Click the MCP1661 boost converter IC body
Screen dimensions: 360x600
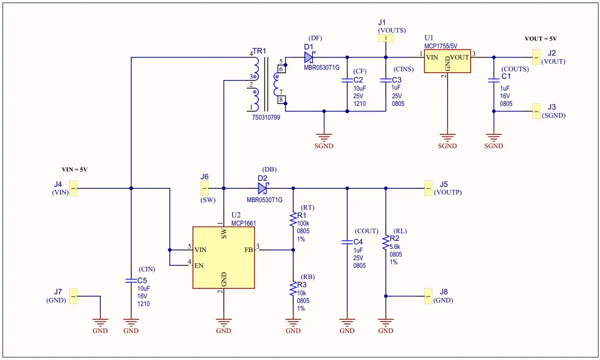coord(223,257)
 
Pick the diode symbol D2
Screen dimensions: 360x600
coord(263,188)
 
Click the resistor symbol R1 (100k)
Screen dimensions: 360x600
coord(293,220)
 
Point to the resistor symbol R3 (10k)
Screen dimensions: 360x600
coord(293,289)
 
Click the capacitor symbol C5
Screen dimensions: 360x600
coord(131,281)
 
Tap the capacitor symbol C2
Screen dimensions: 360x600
coord(347,80)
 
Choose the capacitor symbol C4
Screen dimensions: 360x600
coord(347,241)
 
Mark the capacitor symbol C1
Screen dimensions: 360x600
coord(493,80)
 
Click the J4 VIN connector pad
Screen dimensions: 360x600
coord(73,188)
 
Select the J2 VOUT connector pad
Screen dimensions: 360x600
coord(536,57)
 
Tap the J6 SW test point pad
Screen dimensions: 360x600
coord(204,188)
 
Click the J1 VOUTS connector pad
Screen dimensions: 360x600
coord(386,38)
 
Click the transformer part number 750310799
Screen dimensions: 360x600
coord(266,117)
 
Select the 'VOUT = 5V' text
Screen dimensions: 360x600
coord(541,39)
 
